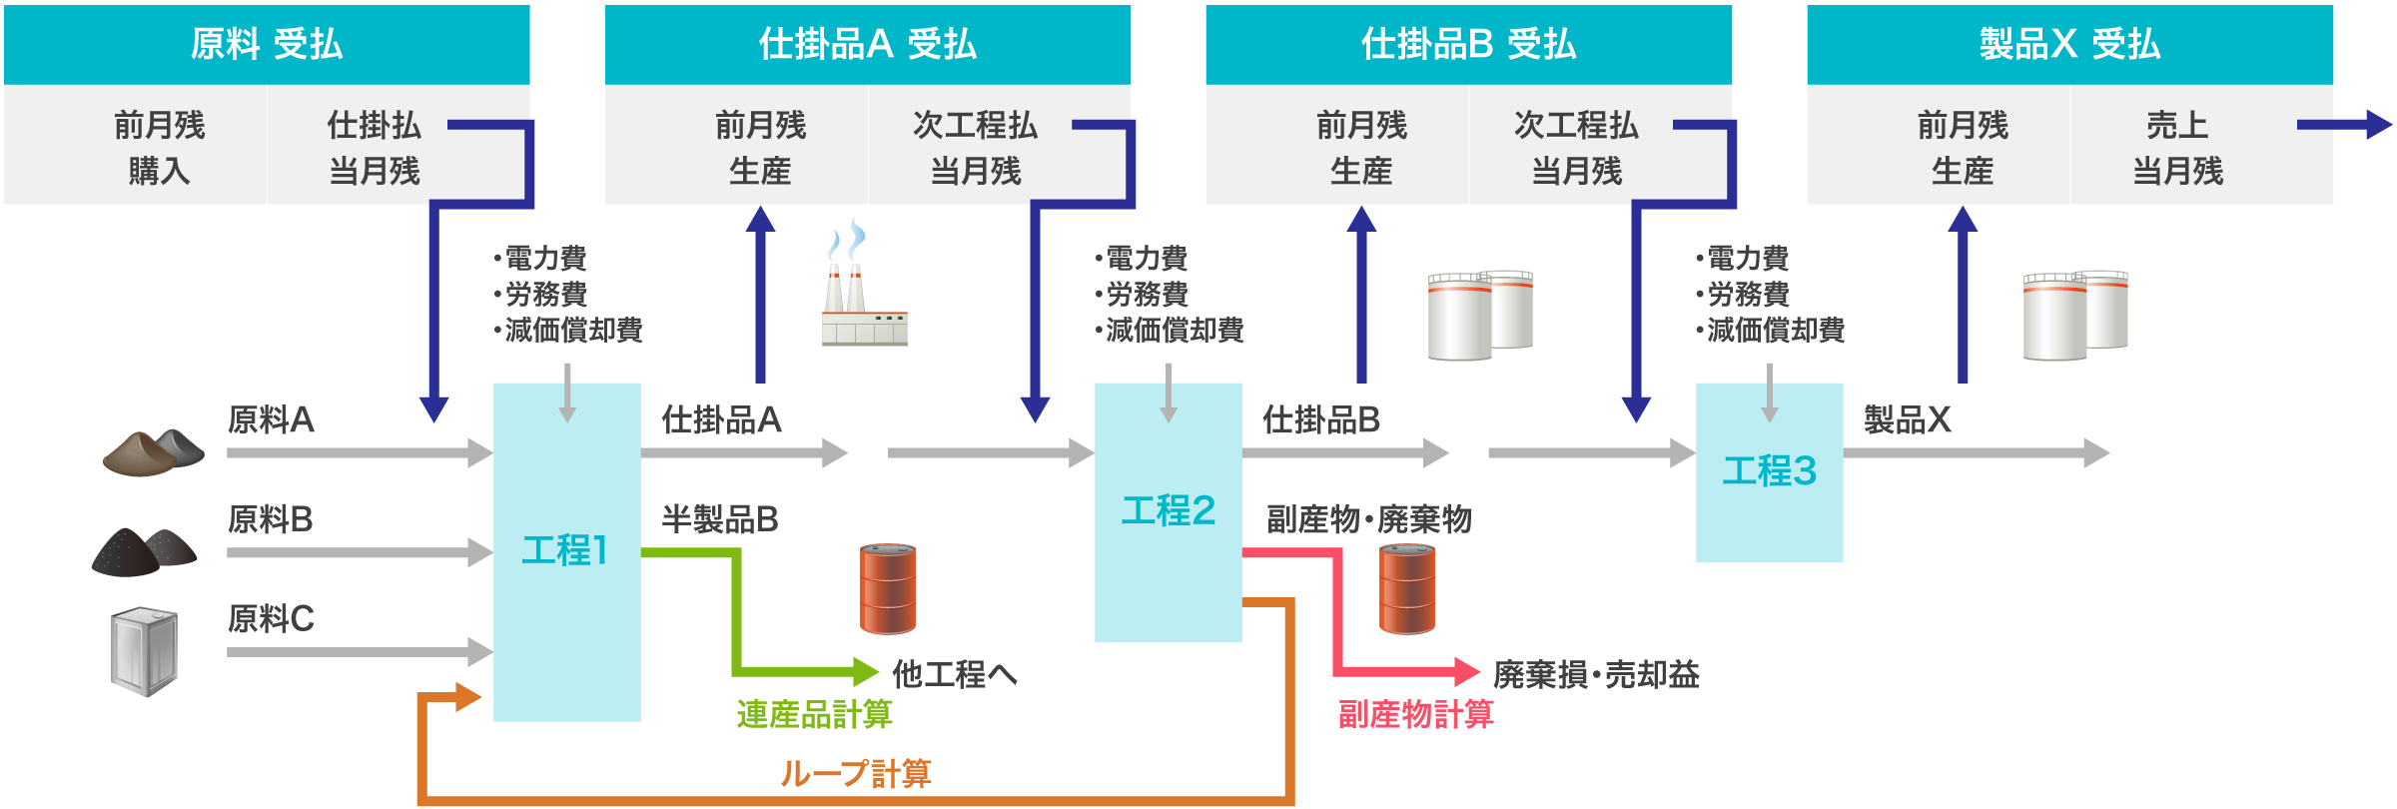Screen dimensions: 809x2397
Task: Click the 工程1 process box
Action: coord(566,551)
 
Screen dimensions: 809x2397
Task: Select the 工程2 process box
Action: coord(1168,511)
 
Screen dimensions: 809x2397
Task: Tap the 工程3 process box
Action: coord(1769,471)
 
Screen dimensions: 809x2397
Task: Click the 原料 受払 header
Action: coord(267,44)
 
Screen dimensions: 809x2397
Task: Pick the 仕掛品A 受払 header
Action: coord(867,44)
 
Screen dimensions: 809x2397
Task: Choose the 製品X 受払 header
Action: coord(2069,44)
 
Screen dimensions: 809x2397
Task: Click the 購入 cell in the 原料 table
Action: coord(159,171)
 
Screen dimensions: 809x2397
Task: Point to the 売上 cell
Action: coord(2177,125)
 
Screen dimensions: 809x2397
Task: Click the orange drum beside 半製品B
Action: coord(888,588)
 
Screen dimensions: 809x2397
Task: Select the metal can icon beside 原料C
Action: coord(145,651)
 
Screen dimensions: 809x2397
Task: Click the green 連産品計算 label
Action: coord(814,714)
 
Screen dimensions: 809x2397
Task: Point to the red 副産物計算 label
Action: coord(1415,714)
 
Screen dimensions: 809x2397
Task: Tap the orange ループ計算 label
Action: coord(856,773)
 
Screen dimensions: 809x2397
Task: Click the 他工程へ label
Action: coord(954,674)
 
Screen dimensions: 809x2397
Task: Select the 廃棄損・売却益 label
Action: coord(1596,674)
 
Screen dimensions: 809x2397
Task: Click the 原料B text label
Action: coord(271,519)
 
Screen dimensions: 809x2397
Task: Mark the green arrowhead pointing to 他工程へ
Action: coord(865,671)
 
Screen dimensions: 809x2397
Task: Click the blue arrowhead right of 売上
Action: coord(2379,125)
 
